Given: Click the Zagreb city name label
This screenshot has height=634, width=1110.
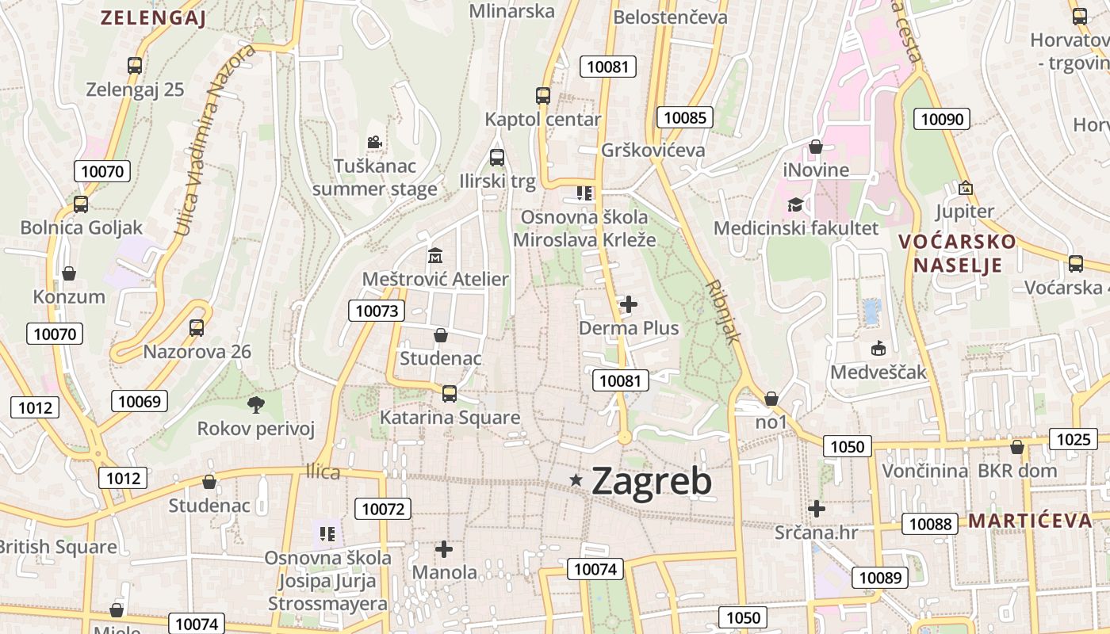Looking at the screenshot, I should (x=651, y=480).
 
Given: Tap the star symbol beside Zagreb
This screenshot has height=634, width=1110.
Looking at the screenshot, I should (x=576, y=479).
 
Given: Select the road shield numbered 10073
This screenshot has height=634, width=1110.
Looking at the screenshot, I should (x=377, y=311).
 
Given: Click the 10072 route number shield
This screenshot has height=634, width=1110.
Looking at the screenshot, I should (x=384, y=509).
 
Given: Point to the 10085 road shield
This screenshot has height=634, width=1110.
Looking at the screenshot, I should (x=685, y=118).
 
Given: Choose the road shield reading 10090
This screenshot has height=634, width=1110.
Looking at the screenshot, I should (x=943, y=120).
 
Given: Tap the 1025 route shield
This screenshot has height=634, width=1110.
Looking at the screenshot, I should (x=1074, y=439).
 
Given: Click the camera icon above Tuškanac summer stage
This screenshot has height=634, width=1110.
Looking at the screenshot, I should (x=374, y=143).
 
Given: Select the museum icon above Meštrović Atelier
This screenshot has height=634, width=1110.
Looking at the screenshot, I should (x=435, y=256).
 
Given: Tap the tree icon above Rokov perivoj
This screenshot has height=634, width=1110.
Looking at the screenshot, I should (x=255, y=405).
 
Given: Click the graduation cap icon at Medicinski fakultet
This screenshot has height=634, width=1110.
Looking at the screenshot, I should (x=795, y=205).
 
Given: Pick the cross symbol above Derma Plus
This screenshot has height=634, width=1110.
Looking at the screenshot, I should (x=629, y=304).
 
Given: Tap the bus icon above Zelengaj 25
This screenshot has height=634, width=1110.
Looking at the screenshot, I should (x=135, y=66).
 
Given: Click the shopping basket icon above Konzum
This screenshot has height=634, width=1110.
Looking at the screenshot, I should (x=69, y=273).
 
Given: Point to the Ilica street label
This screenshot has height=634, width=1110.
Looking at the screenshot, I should (x=323, y=472).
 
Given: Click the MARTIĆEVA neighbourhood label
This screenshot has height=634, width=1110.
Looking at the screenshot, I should (x=1030, y=521).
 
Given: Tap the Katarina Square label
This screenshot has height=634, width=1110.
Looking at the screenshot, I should (x=450, y=418).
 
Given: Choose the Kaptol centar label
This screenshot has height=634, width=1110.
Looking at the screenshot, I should (x=543, y=120).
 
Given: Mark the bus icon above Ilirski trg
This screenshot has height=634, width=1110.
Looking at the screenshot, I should (x=497, y=158).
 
